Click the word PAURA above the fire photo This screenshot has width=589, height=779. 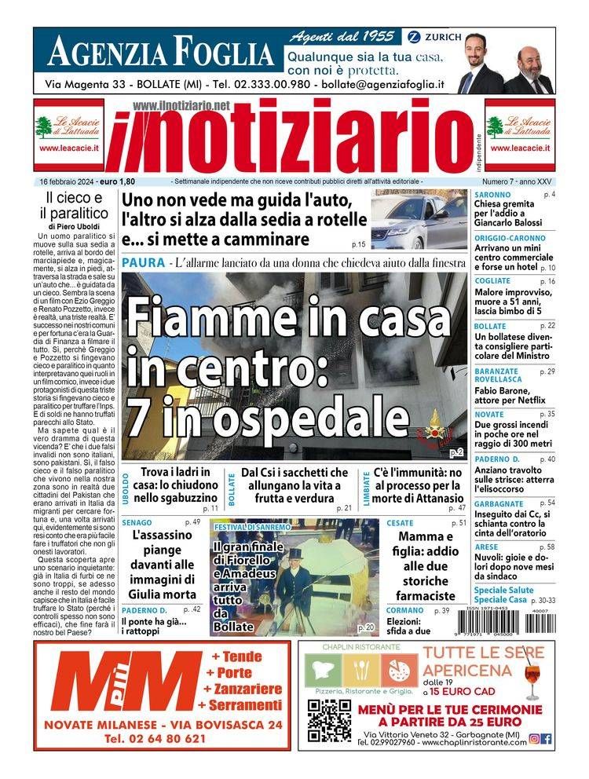point(143,261)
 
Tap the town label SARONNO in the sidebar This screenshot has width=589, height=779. point(492,195)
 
